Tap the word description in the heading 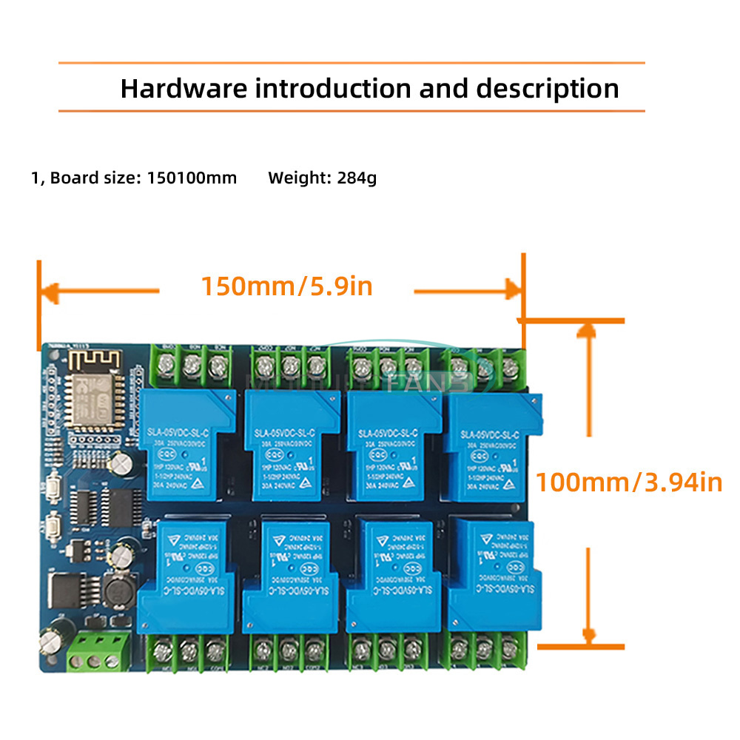pyautogui.click(x=548, y=89)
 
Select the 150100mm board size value pyautogui.click(x=192, y=178)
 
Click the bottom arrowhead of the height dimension pyautogui.click(x=588, y=635)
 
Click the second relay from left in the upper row pyautogui.click(x=286, y=447)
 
